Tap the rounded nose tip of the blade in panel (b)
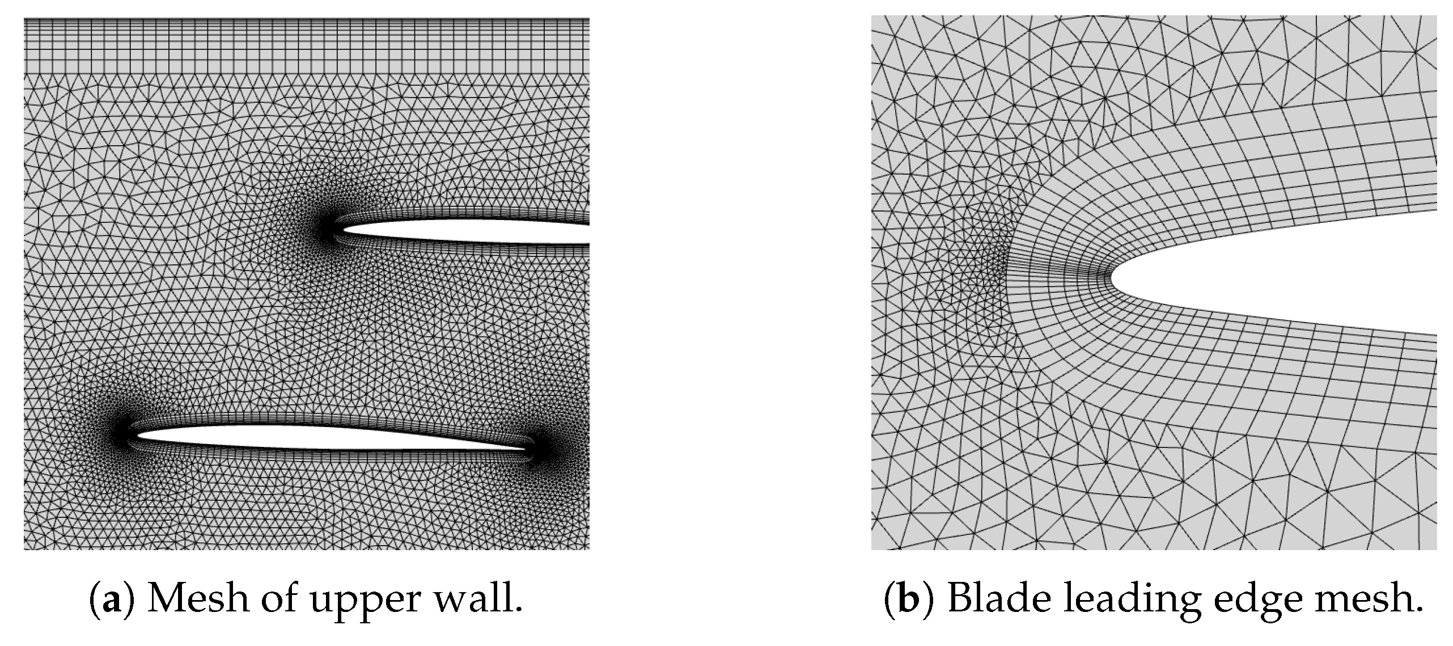click(x=1112, y=278)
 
